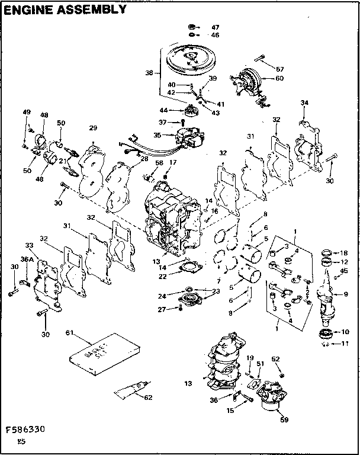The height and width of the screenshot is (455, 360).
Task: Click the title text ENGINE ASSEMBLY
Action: coord(65,9)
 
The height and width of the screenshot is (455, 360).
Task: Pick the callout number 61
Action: coord(69,334)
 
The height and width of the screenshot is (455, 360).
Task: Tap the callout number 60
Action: coord(279,78)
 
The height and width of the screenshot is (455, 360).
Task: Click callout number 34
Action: coord(304,102)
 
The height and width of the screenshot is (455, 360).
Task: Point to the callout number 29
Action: coord(92,129)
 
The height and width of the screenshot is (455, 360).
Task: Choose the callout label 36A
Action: coord(26,258)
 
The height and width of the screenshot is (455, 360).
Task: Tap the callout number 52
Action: coord(276,359)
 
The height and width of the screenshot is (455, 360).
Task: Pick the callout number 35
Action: coord(157,134)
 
